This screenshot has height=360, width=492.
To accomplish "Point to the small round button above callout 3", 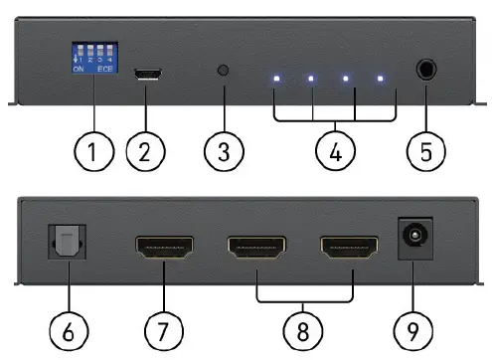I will pos(224,72).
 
